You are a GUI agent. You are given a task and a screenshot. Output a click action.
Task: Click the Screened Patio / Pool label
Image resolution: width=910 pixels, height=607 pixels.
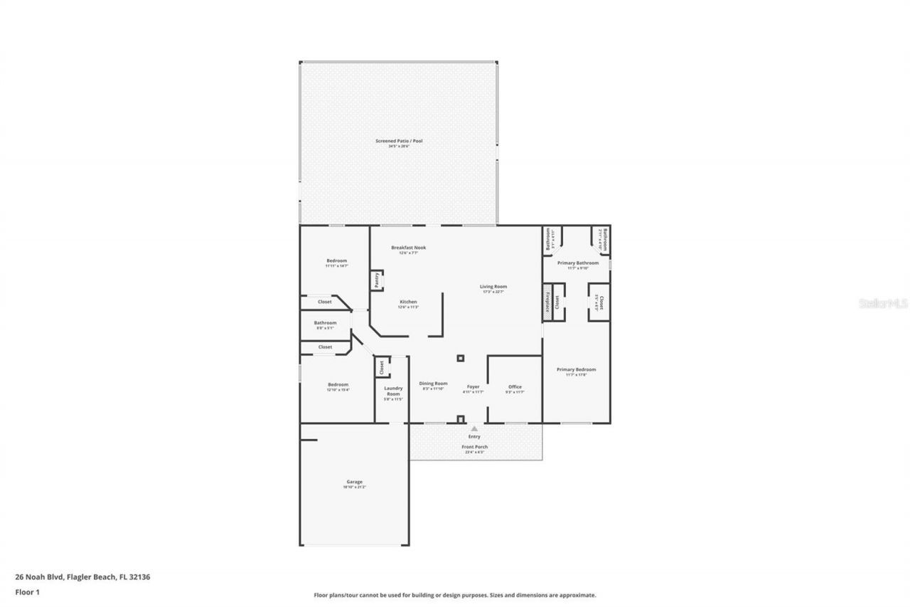[x=399, y=141]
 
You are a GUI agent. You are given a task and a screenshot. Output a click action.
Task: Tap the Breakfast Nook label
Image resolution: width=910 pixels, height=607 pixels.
[x=408, y=248]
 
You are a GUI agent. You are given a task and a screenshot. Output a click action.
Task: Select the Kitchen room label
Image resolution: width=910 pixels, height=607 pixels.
[x=408, y=302]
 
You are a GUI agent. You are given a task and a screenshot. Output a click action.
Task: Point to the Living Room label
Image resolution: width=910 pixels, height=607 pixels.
[x=493, y=287]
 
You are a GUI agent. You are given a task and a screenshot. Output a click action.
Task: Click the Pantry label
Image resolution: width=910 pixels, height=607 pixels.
[x=376, y=281]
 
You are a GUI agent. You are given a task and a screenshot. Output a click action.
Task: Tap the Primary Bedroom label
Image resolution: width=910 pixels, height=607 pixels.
[x=576, y=369]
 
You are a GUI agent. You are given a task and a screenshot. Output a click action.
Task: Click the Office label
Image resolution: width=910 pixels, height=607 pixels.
[x=515, y=387]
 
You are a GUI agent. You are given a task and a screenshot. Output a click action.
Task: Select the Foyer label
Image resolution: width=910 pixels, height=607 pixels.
[x=473, y=387]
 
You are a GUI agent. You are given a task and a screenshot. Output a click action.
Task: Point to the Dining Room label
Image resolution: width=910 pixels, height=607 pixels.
[x=433, y=383]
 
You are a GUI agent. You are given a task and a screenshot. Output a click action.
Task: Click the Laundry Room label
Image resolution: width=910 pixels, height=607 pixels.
[x=393, y=391]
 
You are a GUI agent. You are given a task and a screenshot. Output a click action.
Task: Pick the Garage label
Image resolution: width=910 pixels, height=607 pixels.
[x=355, y=482]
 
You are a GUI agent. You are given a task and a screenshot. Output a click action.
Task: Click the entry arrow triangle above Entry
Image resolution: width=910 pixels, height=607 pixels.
[x=474, y=428]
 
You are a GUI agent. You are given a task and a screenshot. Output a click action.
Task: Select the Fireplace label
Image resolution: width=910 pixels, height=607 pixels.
[x=547, y=302]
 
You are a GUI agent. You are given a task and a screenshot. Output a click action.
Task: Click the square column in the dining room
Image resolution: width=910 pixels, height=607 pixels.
[x=461, y=358]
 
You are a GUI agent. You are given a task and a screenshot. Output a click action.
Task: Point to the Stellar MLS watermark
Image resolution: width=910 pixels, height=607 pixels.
[x=883, y=303]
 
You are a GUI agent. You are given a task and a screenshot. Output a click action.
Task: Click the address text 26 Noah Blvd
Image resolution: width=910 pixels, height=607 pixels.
[x=82, y=577]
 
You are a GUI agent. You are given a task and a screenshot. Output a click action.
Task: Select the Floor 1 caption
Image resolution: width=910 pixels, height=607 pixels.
[x=27, y=591]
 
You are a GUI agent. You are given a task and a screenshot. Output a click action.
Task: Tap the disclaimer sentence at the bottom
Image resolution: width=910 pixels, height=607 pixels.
[x=455, y=595]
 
